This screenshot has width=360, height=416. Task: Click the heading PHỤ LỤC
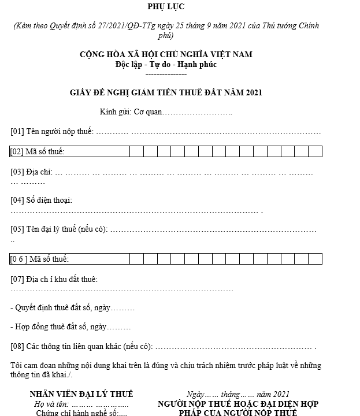pyautogui.click(x=166, y=6)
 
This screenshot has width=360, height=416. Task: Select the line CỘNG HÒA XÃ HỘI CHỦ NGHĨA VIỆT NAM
pyautogui.click(x=166, y=54)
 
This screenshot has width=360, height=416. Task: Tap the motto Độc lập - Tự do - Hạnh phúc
pyautogui.click(x=166, y=64)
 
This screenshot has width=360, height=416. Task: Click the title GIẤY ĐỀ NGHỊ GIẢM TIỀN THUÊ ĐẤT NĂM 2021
pyautogui.click(x=166, y=92)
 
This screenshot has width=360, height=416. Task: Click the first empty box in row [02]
pyautogui.click(x=136, y=151)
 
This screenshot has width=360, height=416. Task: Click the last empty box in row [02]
pyautogui.click(x=315, y=151)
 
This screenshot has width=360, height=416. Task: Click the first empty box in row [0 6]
pyautogui.click(x=136, y=259)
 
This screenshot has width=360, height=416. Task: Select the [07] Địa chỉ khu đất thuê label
pyautogui.click(x=54, y=279)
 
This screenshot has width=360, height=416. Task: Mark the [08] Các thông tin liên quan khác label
pyautogui.click(x=81, y=347)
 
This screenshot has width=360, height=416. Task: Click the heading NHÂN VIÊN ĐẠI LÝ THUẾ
pyautogui.click(x=81, y=394)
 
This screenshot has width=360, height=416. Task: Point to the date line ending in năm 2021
pyautogui.click(x=238, y=394)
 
